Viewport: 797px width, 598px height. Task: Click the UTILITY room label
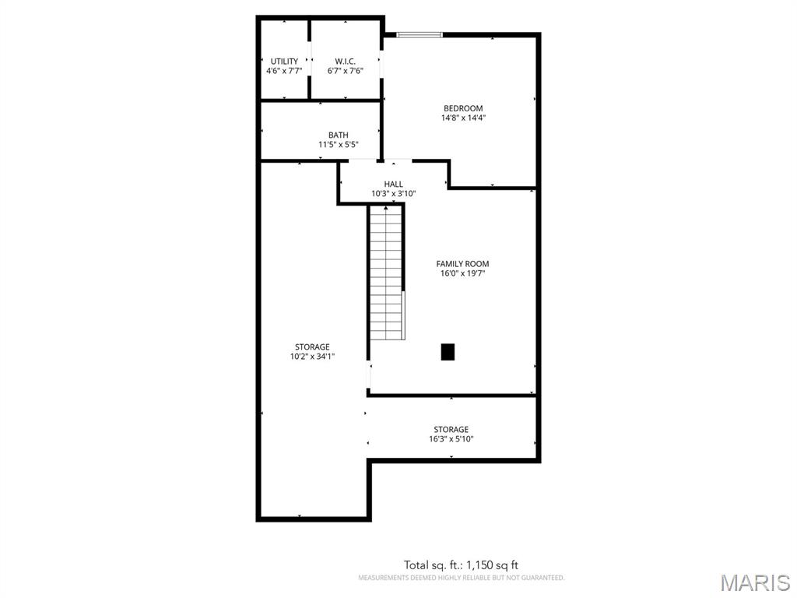[x=284, y=62]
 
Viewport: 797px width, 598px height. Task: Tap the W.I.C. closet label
[x=345, y=62]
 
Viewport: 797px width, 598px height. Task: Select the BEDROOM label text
[x=463, y=108]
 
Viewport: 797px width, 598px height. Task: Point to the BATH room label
[x=338, y=135]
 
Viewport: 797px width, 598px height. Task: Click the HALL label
[x=393, y=184]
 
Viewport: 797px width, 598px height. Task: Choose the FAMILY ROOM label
[x=462, y=264]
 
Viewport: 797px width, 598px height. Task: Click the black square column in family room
[x=448, y=352]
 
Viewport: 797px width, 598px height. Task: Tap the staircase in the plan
[x=386, y=273]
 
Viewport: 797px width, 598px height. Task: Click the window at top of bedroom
[x=420, y=35]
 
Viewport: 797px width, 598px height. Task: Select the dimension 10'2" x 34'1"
[x=312, y=357]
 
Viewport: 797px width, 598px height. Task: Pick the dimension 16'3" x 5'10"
[x=451, y=439]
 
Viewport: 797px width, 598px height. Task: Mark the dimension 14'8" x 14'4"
[x=463, y=118]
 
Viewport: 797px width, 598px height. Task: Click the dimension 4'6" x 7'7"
[x=284, y=71]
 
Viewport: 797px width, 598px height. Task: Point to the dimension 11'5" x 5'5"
[x=338, y=144]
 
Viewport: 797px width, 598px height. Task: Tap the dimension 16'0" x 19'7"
[x=462, y=273]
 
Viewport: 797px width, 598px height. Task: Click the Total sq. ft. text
[x=461, y=565]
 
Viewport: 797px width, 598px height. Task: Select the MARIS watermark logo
[x=755, y=582]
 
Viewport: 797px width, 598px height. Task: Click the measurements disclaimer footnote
[x=462, y=578]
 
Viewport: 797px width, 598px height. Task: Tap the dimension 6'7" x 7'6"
[x=345, y=71]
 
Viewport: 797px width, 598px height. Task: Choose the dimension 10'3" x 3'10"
[x=393, y=193]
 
